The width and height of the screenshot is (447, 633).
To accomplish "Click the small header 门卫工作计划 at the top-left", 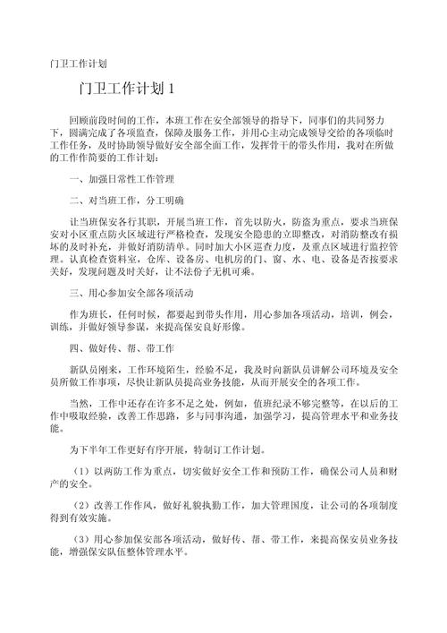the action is coord(79,64).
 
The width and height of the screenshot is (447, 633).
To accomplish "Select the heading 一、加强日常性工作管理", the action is coord(121,178).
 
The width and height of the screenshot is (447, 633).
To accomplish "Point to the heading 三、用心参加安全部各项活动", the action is coord(131,293).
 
